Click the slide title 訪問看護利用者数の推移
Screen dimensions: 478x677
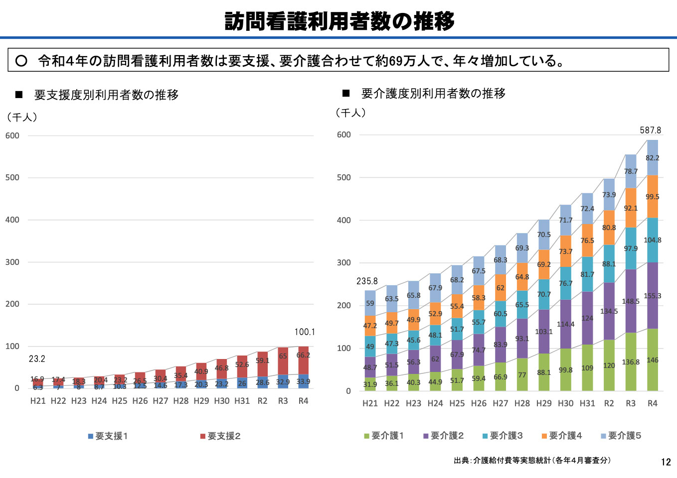coord(339,21)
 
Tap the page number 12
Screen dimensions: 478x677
coord(666,462)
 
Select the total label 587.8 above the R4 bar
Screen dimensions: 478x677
coord(651,130)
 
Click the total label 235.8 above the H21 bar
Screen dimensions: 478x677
coord(367,281)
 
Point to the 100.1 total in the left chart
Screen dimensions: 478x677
coord(305,332)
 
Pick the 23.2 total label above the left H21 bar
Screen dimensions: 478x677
coord(37,359)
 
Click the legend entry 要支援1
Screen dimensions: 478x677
coord(108,436)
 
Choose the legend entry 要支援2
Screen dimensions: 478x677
coord(220,436)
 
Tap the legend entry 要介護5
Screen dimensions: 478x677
coord(621,436)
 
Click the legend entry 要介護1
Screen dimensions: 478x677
coord(384,436)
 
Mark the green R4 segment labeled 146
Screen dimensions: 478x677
coord(653,360)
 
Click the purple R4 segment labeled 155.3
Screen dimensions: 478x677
coord(653,296)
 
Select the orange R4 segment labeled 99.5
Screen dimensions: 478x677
coord(653,197)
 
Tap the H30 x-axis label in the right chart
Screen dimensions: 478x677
coord(565,403)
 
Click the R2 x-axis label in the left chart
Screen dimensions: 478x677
coord(262,401)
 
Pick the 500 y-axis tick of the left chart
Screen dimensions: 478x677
coord(12,178)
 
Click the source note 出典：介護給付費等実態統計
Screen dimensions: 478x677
coord(532,461)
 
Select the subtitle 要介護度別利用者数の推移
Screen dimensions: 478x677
coord(433,94)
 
